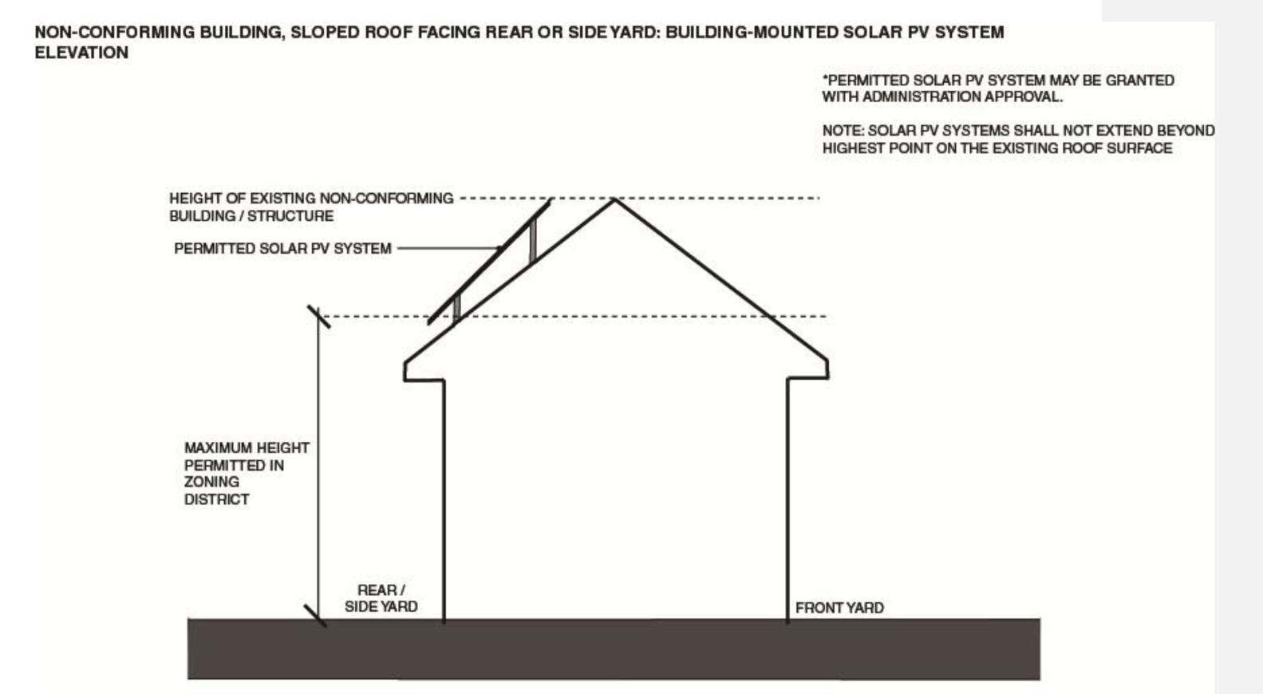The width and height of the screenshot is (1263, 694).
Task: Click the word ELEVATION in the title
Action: click(x=81, y=53)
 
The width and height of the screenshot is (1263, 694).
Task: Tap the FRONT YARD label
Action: click(x=839, y=608)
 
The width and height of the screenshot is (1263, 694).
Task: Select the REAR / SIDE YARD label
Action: click(x=381, y=598)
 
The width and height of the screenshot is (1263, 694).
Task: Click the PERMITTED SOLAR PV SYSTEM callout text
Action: click(x=282, y=249)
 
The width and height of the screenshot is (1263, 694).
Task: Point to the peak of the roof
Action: click(x=614, y=199)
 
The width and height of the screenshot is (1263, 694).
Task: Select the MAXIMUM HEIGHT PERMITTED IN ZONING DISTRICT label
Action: click(x=246, y=474)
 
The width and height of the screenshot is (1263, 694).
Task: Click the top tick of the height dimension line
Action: click(x=318, y=317)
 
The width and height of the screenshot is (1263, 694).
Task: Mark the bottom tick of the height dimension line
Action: click(x=316, y=615)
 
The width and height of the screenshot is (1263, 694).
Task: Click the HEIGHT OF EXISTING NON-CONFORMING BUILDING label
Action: click(x=310, y=207)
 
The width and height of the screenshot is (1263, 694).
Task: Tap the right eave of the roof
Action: click(x=827, y=369)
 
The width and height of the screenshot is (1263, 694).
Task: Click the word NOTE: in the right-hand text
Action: click(x=843, y=131)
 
